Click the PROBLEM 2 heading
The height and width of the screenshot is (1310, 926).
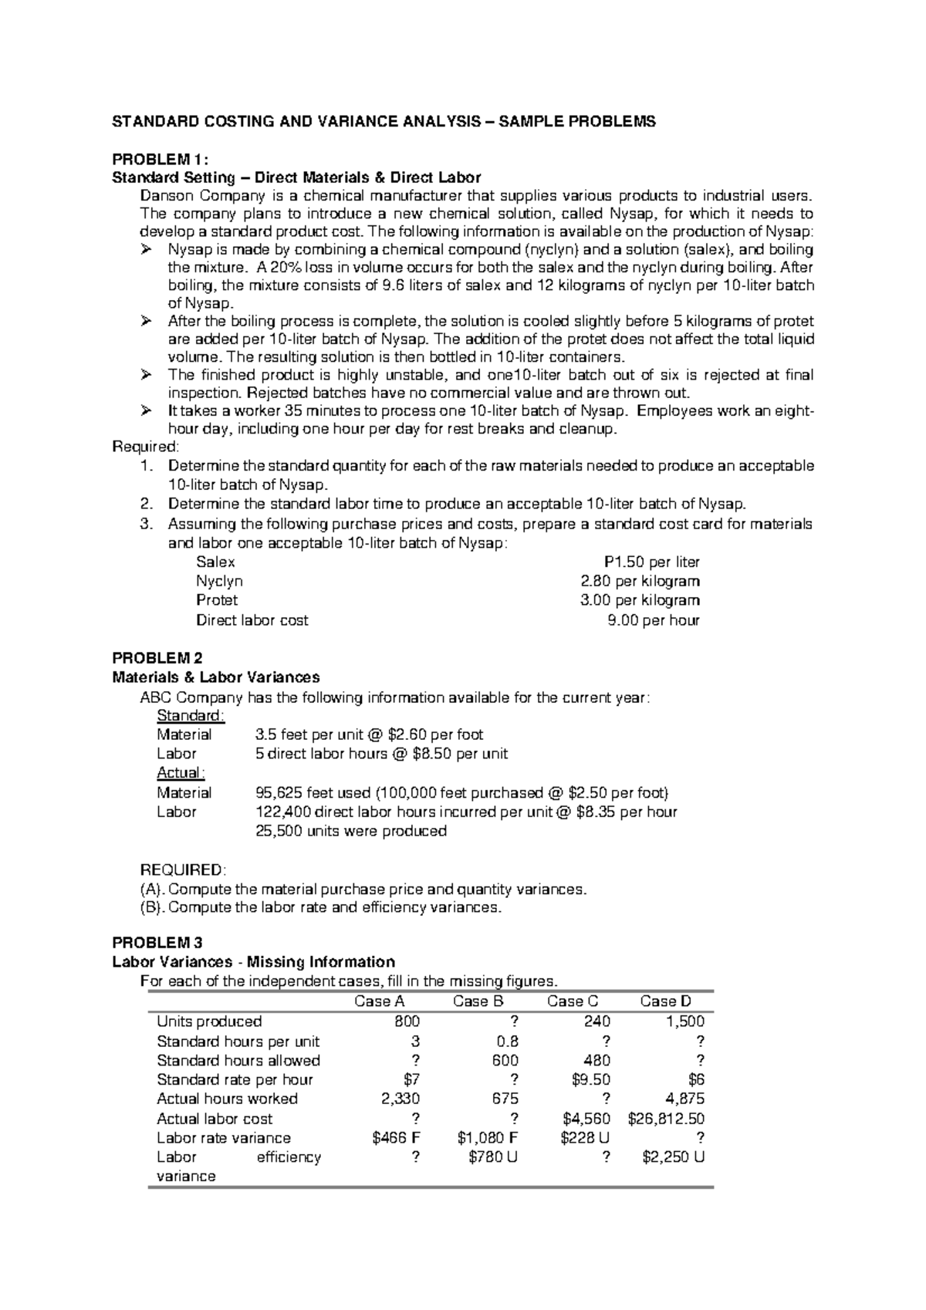[157, 658]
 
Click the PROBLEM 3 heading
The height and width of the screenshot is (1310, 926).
[157, 943]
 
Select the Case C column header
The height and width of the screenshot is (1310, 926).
[572, 1001]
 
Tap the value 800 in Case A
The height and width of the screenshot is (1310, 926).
[407, 1021]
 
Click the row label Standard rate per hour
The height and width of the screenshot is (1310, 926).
[235, 1079]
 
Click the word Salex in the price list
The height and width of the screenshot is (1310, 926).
[215, 562]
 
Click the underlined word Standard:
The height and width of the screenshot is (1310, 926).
[191, 716]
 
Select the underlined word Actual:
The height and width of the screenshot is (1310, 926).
[181, 773]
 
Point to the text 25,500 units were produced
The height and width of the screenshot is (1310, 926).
[351, 831]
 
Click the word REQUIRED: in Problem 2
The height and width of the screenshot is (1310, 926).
[183, 869]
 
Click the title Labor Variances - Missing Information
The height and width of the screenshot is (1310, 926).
[253, 962]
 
